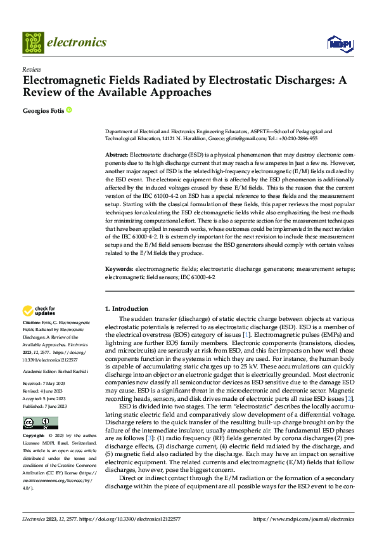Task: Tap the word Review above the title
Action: (x=31, y=70)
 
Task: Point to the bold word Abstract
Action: (x=116, y=155)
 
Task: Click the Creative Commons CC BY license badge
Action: (x=40, y=422)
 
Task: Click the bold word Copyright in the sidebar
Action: (x=34, y=436)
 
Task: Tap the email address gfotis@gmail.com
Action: (x=247, y=138)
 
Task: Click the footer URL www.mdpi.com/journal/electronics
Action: (x=304, y=519)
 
